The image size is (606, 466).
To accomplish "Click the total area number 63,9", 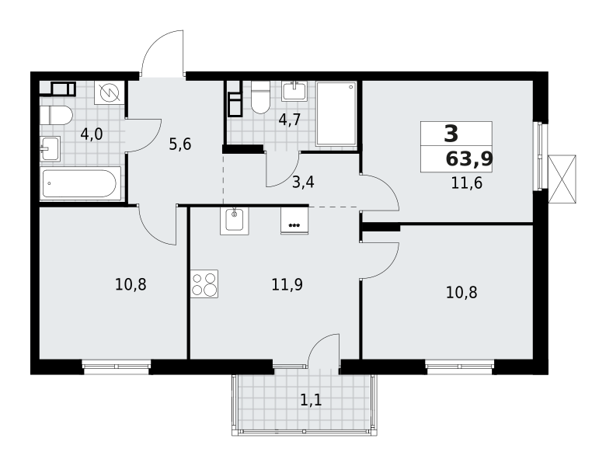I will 468,160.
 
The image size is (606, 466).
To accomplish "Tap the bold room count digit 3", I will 451,134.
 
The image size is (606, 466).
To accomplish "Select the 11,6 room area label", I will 466,184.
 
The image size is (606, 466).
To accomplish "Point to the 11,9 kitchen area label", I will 287,284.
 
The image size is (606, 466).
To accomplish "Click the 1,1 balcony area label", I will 310,400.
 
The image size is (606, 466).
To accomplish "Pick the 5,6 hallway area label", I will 179,144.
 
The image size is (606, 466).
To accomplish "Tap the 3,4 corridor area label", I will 303,183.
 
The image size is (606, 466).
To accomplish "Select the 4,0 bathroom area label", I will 91,134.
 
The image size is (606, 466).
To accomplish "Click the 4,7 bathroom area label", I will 289,120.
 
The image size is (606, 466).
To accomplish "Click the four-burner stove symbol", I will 204,283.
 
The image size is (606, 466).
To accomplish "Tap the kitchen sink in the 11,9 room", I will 235,221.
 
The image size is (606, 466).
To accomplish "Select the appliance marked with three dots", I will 294,221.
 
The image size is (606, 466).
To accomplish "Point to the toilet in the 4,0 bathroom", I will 56,116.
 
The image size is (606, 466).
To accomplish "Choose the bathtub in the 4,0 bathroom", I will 80,183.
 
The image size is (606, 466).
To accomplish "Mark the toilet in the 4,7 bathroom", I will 260,99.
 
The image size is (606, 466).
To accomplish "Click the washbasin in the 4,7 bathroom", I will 294,91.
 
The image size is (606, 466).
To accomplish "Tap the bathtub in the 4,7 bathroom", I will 336,113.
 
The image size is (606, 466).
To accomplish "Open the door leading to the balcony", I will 324,352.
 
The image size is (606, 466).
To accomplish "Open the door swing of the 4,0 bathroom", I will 143,134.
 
